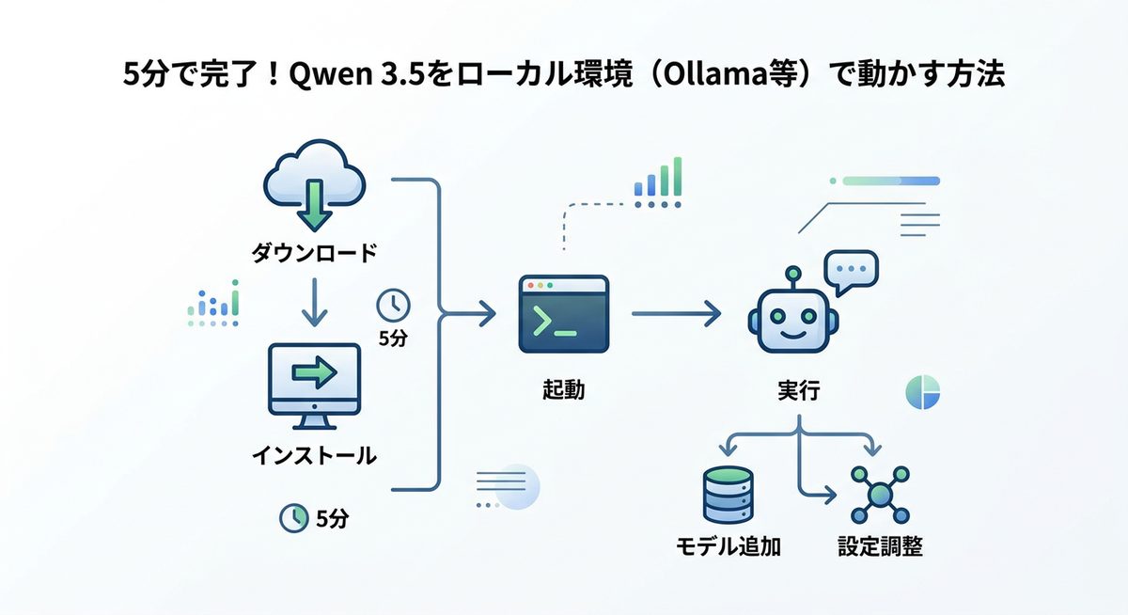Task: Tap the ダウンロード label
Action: coord(314,253)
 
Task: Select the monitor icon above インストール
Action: coord(314,381)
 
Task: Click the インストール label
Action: coord(314,456)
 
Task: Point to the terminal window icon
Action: coord(563,315)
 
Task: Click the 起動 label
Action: coord(563,389)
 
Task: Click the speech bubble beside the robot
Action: coord(850,272)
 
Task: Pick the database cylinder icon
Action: coord(728,496)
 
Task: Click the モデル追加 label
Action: coord(728,546)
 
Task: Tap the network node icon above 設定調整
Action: coord(880,495)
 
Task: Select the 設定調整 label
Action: coord(880,546)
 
